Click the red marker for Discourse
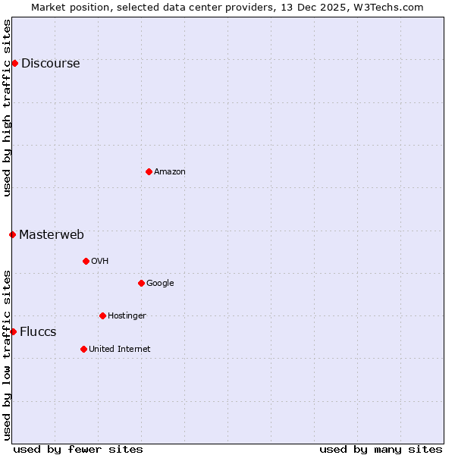pos(14,63)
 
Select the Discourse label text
pos(50,64)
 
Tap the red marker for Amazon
pos(149,171)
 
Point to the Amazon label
pos(170,172)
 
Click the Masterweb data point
pos(12,234)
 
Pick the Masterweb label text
pos(52,235)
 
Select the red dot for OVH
pos(86,261)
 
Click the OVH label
pos(100,262)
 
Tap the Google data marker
pos(141,283)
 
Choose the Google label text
pos(160,284)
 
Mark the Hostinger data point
pos(102,315)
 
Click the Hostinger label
pos(127,316)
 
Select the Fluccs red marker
pos(13,331)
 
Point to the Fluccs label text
pos(38,332)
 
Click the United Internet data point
pos(83,349)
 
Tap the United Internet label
pos(119,350)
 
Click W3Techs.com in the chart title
pos(391,7)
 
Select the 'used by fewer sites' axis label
pos(78,449)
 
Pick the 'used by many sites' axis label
pos(381,449)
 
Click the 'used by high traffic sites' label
pos(7,108)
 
